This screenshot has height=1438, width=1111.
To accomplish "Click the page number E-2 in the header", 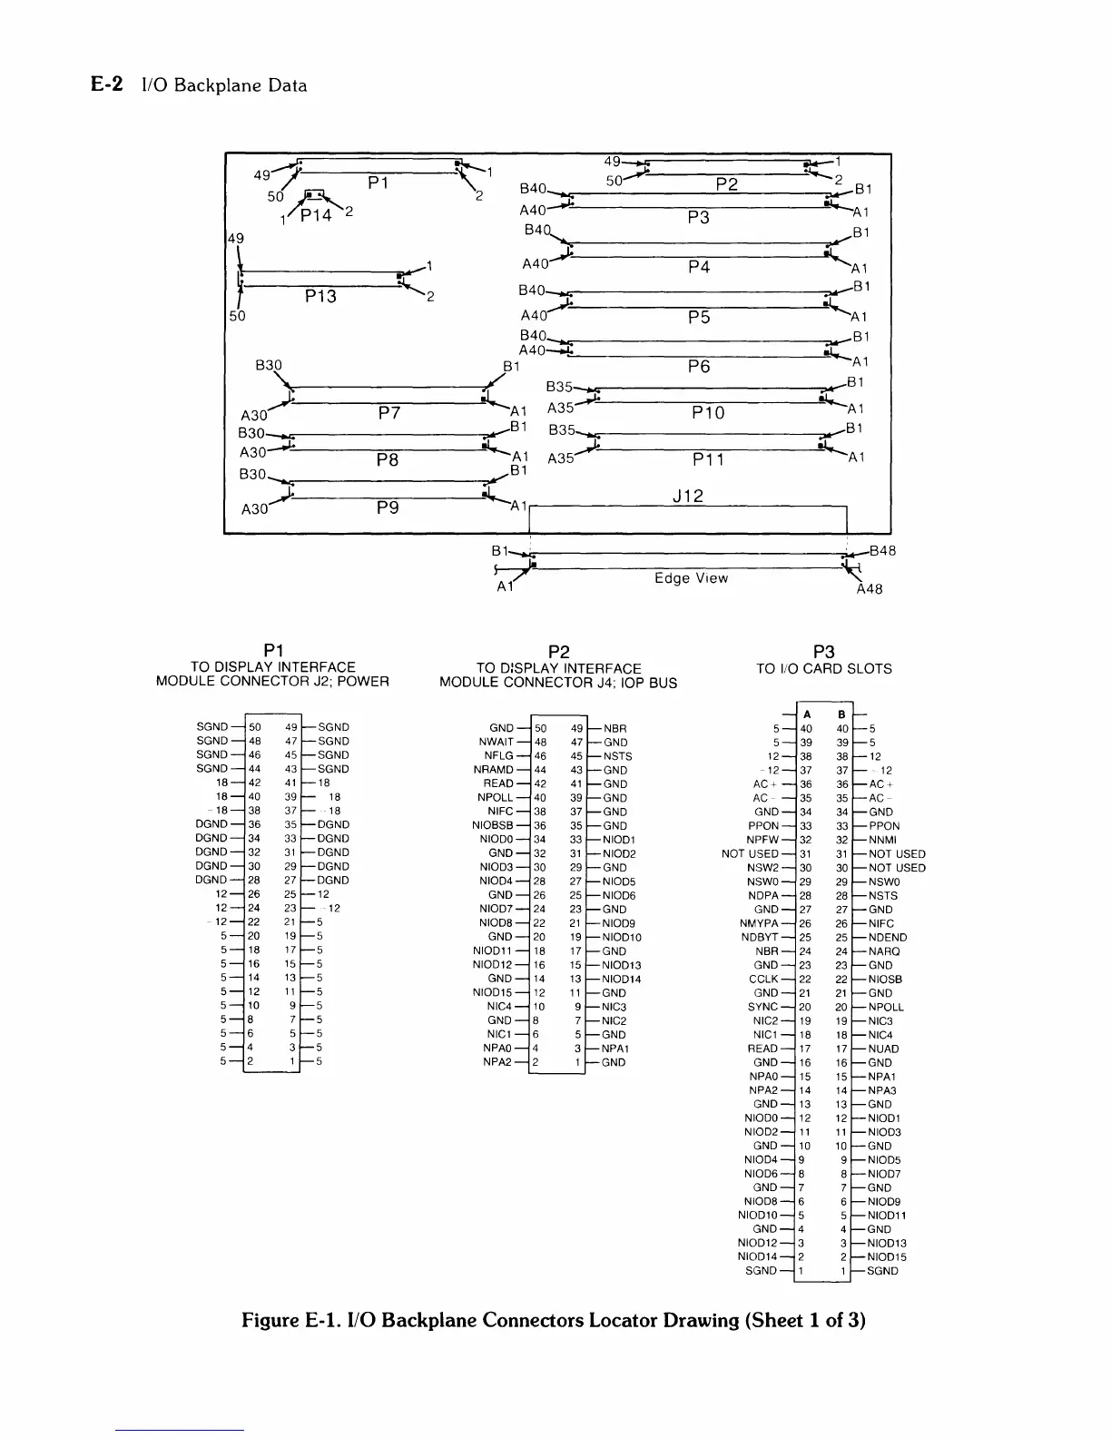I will (x=107, y=85).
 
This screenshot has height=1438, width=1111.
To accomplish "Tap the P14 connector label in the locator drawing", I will (x=317, y=214).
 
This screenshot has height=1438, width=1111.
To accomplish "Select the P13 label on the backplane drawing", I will (x=320, y=296).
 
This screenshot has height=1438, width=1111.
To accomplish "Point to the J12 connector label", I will (x=688, y=497).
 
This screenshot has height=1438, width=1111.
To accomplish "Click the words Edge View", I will (x=691, y=578).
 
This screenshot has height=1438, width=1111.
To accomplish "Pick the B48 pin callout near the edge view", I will (x=882, y=550).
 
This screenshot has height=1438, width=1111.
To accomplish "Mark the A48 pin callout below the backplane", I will (x=869, y=589).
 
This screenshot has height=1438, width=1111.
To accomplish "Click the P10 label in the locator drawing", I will (x=708, y=413).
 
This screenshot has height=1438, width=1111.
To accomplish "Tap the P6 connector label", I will (x=699, y=367).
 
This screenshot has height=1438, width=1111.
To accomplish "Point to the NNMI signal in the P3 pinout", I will (x=882, y=840).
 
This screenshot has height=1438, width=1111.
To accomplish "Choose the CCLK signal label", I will (x=763, y=979).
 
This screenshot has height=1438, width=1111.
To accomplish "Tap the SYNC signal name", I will (x=762, y=1007).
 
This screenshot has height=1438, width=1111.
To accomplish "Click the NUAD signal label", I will (x=883, y=1049).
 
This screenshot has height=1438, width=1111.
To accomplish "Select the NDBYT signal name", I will (x=760, y=937).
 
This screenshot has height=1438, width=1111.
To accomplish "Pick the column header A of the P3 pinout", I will (x=807, y=714).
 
